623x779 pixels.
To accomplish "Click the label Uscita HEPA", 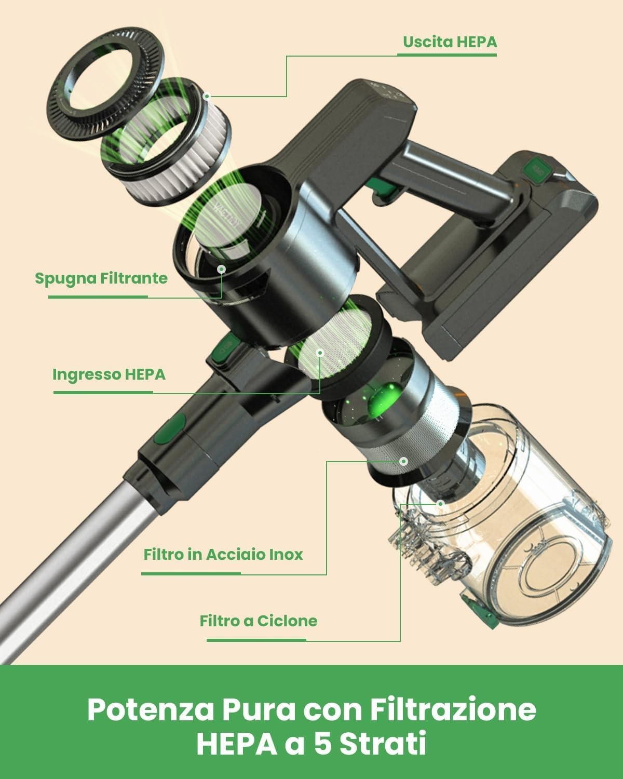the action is click(x=450, y=42).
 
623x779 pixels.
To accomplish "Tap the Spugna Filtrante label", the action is click(x=101, y=278).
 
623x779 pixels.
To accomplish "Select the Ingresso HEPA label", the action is click(x=109, y=374).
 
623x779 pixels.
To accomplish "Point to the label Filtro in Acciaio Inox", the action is click(x=223, y=555).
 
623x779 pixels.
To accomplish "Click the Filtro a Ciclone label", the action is click(x=259, y=621).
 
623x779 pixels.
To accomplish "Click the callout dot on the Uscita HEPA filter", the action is click(x=207, y=96).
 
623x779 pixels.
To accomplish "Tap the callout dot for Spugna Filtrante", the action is click(x=222, y=269).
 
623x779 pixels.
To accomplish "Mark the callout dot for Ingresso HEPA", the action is click(x=320, y=353).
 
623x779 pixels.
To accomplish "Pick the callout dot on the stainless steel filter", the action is click(x=403, y=461).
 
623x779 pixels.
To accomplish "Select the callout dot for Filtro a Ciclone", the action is click(x=440, y=504).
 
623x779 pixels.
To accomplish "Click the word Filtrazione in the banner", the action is click(x=453, y=710).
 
